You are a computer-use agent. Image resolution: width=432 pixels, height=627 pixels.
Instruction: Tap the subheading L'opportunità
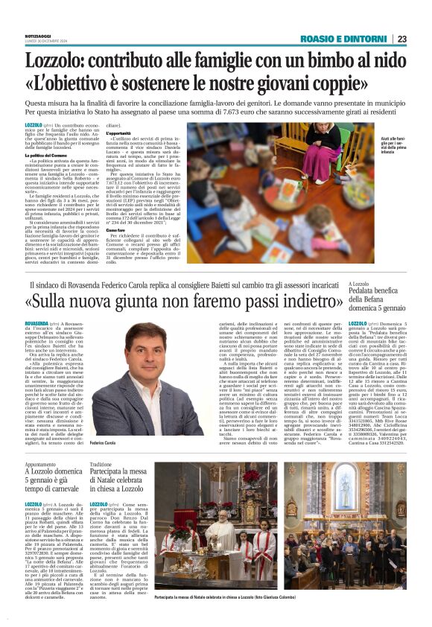[x=121, y=133]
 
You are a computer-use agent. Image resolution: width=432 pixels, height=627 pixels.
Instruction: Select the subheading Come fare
[x=118, y=230]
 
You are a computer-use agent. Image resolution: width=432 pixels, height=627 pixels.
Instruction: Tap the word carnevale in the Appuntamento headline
[x=63, y=489]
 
